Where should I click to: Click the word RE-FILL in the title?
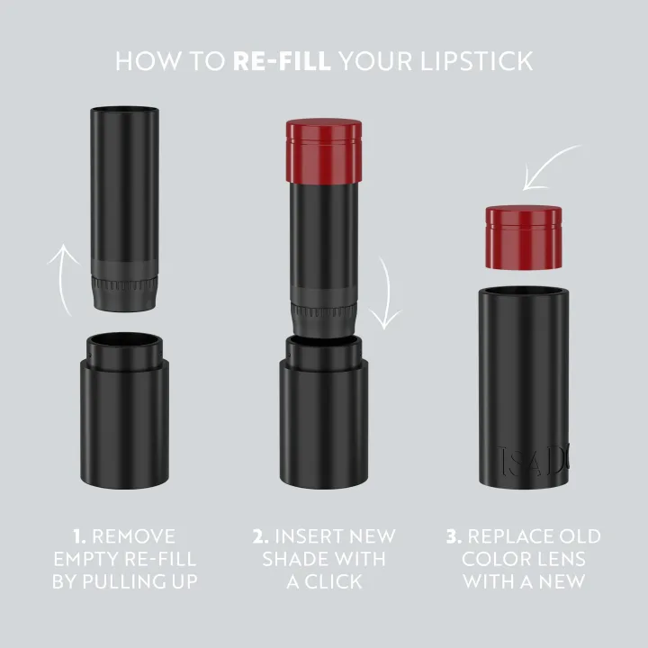tap(282, 61)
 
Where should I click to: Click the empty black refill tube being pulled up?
tap(126, 189)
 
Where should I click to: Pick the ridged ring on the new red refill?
tap(325, 315)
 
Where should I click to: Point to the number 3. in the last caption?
tap(454, 537)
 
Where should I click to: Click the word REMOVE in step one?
tap(133, 537)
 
